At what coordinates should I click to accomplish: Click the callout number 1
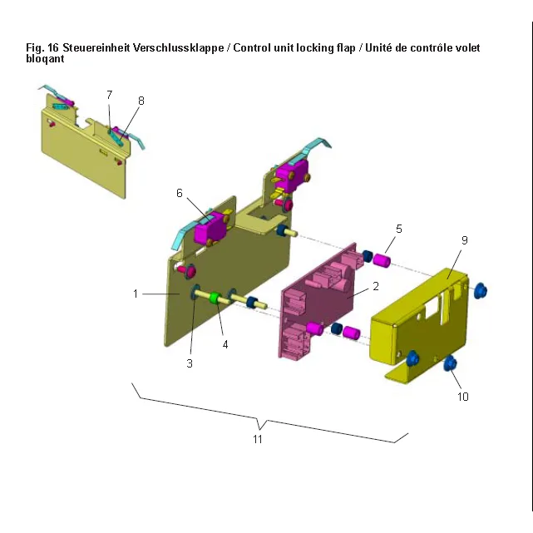tap(136, 294)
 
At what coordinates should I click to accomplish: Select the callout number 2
tap(376, 286)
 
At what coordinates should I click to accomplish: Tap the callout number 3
tap(190, 363)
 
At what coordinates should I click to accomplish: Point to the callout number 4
tap(225, 345)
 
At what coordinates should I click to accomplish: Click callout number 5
tap(399, 229)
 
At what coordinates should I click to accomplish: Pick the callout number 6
tap(180, 193)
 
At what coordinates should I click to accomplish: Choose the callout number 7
tap(109, 95)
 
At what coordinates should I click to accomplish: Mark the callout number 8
tap(141, 101)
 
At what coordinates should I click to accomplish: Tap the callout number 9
tap(465, 240)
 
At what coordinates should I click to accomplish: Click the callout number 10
tap(463, 397)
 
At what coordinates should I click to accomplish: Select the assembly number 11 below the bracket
tap(258, 439)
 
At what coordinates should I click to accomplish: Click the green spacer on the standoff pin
tap(215, 298)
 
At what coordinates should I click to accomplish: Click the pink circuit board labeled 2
tap(318, 301)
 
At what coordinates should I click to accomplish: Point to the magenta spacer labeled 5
tap(382, 260)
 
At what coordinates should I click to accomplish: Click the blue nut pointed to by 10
tap(451, 363)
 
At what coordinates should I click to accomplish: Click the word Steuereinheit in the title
tap(96, 48)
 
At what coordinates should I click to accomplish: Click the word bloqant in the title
tap(45, 59)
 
